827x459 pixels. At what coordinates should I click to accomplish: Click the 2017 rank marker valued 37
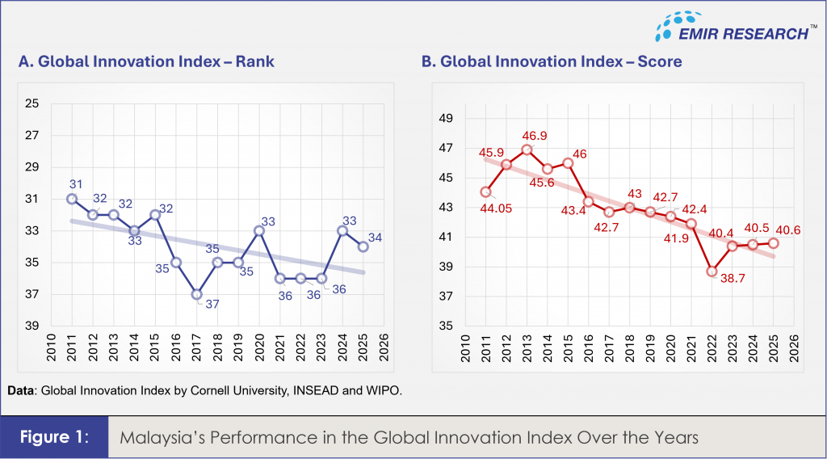point(197,294)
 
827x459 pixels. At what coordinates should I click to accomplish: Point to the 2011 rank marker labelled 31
point(72,199)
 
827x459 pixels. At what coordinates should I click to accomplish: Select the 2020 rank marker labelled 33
point(259,230)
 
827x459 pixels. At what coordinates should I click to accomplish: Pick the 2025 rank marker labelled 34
point(363,246)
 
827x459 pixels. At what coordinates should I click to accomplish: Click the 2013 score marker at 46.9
point(527,149)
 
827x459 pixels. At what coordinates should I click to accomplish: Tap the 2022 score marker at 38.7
point(712,272)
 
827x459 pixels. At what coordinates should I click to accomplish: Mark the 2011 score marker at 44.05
point(485,192)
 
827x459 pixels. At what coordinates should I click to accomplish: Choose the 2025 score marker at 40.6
point(773,242)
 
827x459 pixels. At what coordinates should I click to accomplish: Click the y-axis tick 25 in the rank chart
point(33,103)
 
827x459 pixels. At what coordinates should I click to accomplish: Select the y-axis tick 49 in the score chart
point(445,119)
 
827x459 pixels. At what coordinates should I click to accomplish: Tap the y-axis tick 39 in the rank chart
point(33,326)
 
